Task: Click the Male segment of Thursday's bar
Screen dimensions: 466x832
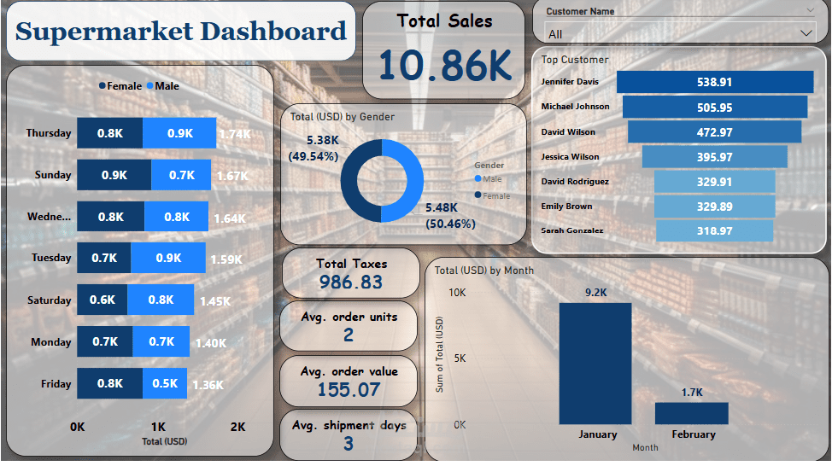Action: [179, 133]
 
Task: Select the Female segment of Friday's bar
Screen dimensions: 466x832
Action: [109, 384]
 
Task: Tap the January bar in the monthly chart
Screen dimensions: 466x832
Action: [595, 363]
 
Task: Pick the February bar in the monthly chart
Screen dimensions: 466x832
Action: [691, 413]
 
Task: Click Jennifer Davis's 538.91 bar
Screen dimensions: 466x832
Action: [714, 82]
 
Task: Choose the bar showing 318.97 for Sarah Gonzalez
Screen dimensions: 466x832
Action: [714, 230]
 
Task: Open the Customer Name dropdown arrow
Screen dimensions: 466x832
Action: [806, 33]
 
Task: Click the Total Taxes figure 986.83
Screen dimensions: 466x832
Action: [350, 283]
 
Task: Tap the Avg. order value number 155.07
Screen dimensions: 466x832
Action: [349, 390]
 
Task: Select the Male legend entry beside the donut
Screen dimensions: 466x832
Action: [489, 179]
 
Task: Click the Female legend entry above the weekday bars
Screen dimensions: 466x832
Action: [120, 86]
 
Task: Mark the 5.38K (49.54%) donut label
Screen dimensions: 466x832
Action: [325, 148]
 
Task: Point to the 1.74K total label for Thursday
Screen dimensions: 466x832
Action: [234, 134]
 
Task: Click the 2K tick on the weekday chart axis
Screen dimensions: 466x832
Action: [237, 427]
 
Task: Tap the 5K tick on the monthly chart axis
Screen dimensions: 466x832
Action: [459, 358]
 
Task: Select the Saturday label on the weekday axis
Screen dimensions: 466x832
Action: [49, 300]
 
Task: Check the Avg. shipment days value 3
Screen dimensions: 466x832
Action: [349, 443]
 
